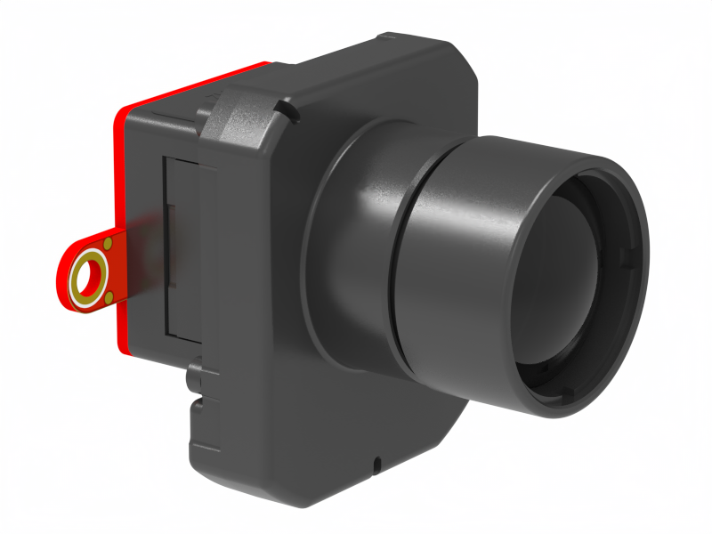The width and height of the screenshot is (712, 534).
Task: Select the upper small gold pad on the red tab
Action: coord(108,244)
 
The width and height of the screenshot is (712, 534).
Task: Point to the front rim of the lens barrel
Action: coord(636,249)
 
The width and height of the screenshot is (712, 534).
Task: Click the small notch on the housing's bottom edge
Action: coord(377,464)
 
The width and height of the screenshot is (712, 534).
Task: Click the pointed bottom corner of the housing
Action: coord(307,506)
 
